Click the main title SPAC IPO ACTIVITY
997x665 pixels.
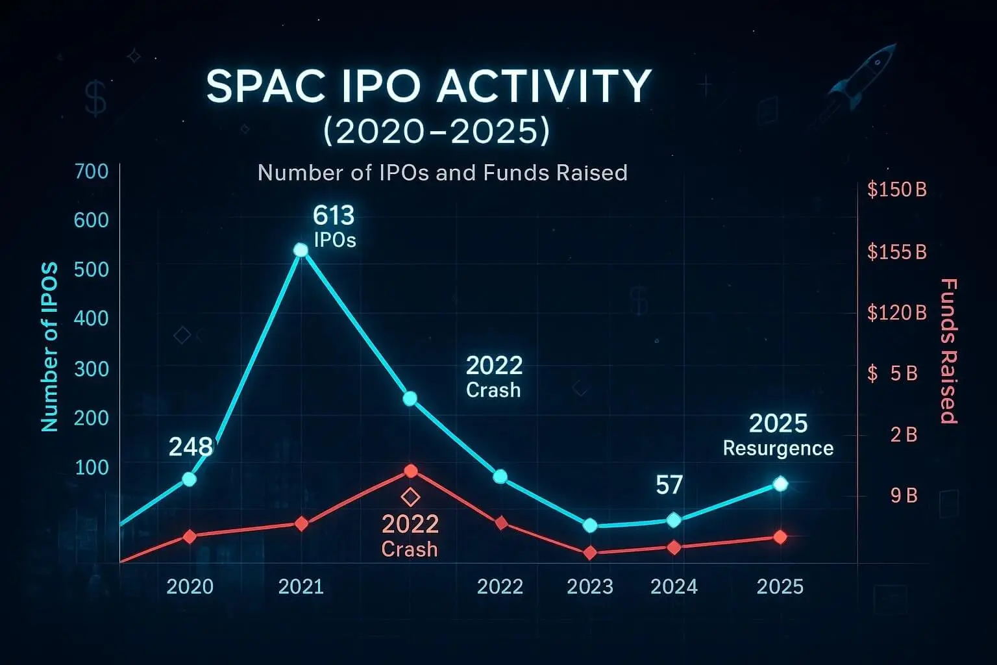click(x=428, y=86)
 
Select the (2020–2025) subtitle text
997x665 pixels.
click(x=436, y=131)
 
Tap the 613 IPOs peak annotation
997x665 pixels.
click(x=334, y=226)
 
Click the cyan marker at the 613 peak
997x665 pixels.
click(x=301, y=250)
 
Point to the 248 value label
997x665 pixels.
click(x=190, y=446)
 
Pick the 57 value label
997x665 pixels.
click(x=669, y=484)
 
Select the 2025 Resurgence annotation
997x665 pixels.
click(x=778, y=435)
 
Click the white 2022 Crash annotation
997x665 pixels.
click(x=494, y=377)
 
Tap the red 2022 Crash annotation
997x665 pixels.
click(x=410, y=536)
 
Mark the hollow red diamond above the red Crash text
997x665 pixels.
click(x=410, y=497)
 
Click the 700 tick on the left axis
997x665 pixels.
click(x=92, y=171)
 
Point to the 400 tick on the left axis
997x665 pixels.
click(x=92, y=318)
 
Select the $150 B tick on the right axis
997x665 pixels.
click(x=896, y=190)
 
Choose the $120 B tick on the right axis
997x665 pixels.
click(x=896, y=313)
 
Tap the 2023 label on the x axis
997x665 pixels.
click(x=589, y=586)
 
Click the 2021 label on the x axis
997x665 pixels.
click(x=301, y=586)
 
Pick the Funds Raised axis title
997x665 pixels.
click(x=949, y=351)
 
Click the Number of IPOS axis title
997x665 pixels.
click(x=49, y=347)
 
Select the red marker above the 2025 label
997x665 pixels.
click(x=780, y=537)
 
